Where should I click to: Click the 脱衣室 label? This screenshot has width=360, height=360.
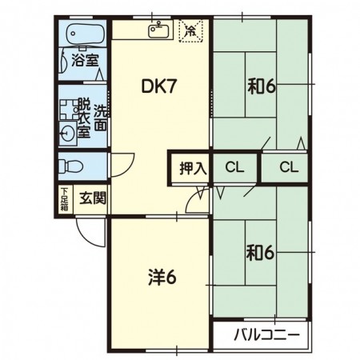(x=82, y=117)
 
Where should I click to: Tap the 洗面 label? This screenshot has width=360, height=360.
(x=100, y=117)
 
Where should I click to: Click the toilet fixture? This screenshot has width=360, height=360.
(x=70, y=166)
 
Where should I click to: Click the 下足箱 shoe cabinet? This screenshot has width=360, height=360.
(x=64, y=198)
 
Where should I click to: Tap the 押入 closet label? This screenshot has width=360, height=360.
(x=193, y=168)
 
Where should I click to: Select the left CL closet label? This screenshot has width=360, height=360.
(x=234, y=168)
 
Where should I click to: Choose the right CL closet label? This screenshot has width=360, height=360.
(x=289, y=168)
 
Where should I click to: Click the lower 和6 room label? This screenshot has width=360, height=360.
(x=260, y=254)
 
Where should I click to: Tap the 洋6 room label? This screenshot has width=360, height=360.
(x=162, y=278)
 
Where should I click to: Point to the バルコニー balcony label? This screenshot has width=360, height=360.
(x=267, y=334)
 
